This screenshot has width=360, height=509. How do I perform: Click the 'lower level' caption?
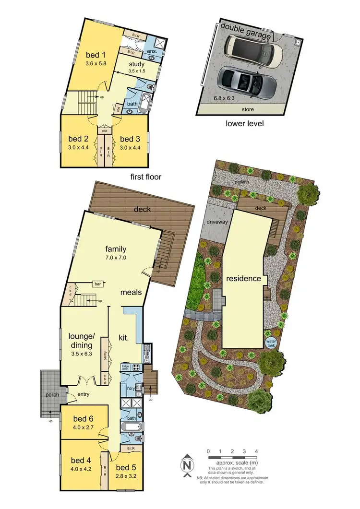tap(245, 123)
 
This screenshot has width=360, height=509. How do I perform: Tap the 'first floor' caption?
tap(146, 177)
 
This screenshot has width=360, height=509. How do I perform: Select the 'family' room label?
tap(116, 249)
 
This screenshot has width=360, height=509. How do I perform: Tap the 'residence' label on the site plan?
tap(244, 279)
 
